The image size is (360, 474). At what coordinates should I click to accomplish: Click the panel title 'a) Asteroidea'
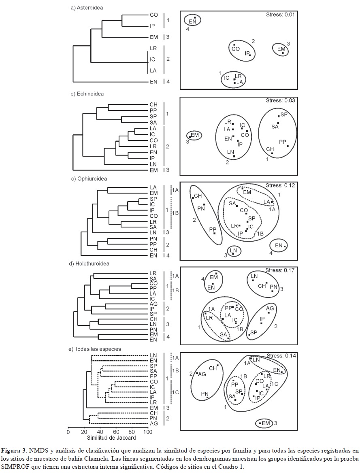point(87,8)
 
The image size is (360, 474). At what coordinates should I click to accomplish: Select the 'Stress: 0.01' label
point(280,15)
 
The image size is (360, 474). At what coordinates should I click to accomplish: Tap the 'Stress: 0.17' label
point(280,270)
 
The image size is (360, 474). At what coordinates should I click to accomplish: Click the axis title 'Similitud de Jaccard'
point(111,438)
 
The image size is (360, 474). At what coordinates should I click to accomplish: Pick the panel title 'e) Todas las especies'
point(95,349)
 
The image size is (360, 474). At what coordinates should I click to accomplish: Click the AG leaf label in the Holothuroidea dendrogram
point(154,304)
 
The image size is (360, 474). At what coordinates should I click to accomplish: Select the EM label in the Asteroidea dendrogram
point(154,37)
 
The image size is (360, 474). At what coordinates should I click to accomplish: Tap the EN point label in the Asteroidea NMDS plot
point(192,21)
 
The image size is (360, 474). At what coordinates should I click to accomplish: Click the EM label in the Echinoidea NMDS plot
point(195,135)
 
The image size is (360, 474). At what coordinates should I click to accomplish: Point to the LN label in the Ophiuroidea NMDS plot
point(233,250)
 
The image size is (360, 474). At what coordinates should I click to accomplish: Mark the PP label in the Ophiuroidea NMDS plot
point(213,230)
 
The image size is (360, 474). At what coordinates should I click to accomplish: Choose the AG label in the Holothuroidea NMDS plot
point(270,308)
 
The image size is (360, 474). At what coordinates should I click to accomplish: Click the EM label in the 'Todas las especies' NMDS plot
point(266,423)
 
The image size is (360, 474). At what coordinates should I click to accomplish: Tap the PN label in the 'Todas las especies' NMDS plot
point(205,394)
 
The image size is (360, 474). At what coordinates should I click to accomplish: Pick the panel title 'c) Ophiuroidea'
point(89,179)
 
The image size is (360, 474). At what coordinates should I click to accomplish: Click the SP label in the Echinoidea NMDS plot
point(284,114)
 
